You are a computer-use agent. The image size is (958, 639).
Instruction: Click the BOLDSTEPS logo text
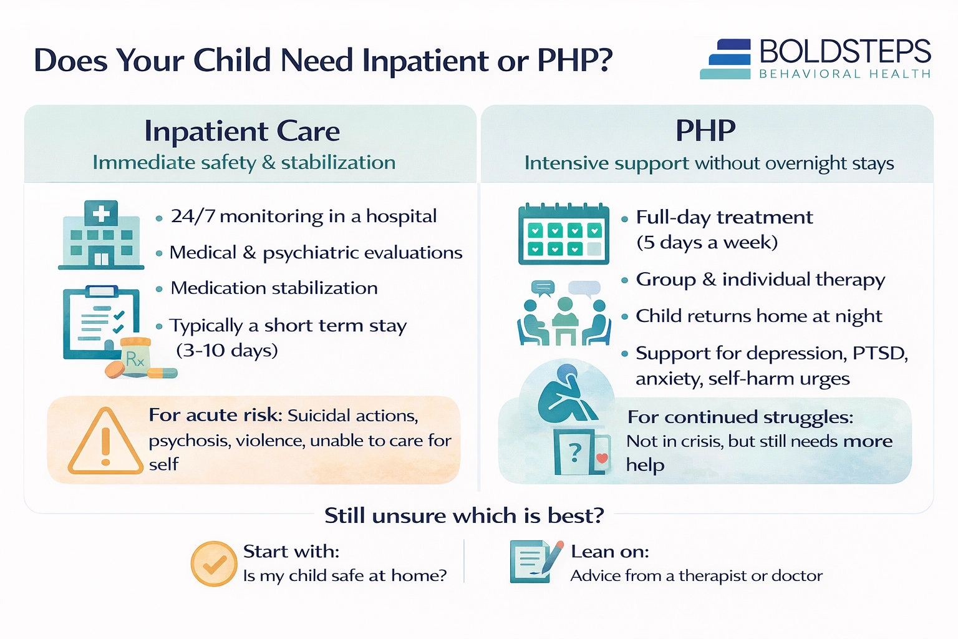point(845,51)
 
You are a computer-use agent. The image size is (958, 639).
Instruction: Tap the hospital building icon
point(101,235)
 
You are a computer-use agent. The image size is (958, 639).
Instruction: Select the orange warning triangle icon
point(105,442)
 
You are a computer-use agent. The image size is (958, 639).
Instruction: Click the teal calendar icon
point(563,234)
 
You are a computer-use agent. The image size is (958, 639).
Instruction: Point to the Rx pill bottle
point(135,356)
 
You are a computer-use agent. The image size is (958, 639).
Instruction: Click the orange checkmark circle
point(213,563)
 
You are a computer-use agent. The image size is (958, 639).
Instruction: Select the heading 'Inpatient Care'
point(242,131)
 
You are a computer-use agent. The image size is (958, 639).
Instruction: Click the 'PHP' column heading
point(705,130)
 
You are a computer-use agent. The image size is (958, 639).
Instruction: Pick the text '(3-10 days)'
point(227,350)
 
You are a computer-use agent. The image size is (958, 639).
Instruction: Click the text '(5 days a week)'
point(707,242)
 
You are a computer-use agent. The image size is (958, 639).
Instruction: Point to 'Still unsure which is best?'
point(464,515)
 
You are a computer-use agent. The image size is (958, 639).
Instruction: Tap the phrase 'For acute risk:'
point(215,415)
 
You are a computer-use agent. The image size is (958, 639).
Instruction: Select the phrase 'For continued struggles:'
point(740,417)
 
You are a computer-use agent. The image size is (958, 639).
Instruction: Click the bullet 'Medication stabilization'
point(274,288)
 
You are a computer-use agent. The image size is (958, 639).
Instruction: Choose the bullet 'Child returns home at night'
point(758,316)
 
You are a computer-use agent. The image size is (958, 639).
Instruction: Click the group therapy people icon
point(564,315)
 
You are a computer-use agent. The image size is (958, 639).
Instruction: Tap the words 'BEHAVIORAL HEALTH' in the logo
point(844,74)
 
